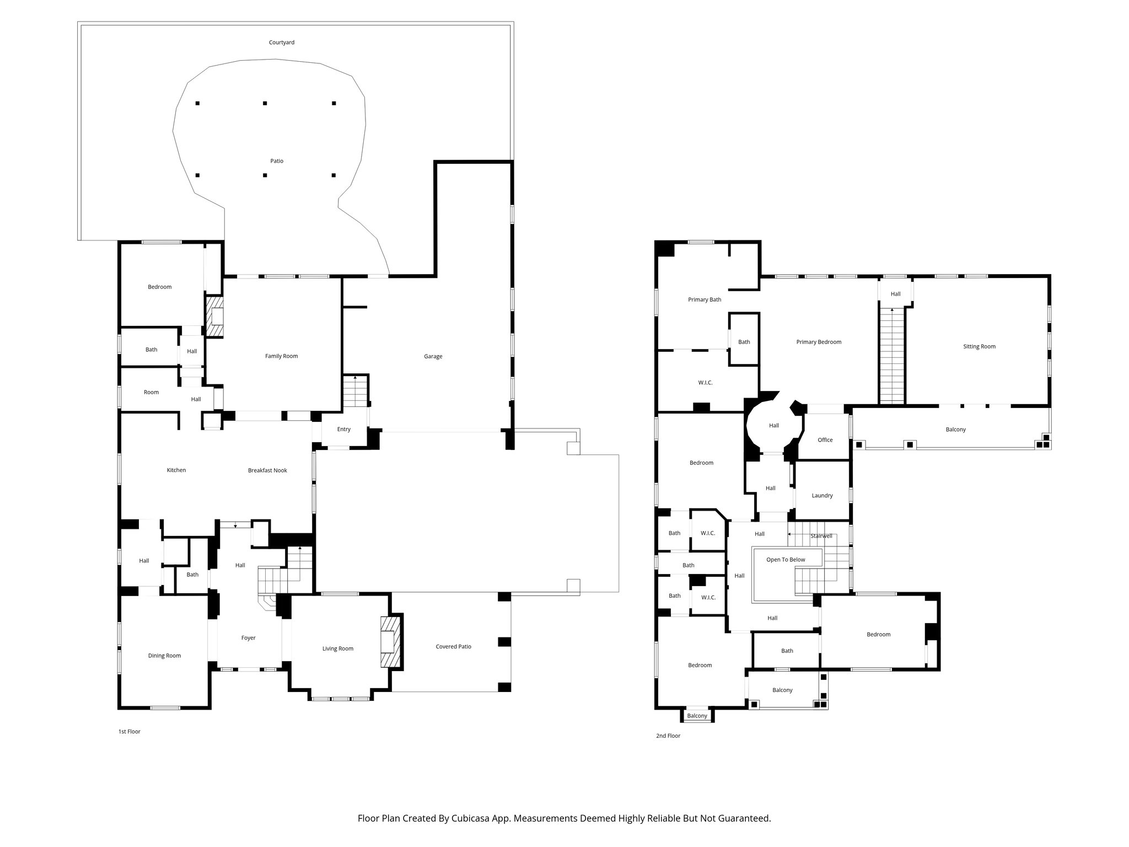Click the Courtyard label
(x=281, y=42)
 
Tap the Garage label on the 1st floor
(x=433, y=356)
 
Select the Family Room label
(x=281, y=356)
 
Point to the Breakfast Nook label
(x=267, y=470)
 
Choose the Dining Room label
(x=164, y=656)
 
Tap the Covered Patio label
(x=453, y=646)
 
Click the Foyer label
(x=248, y=638)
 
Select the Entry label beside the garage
(x=343, y=430)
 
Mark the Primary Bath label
(x=705, y=300)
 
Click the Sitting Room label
(x=979, y=347)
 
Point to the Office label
(x=825, y=440)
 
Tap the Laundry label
(x=822, y=496)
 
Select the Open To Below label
(x=786, y=560)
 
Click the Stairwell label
(x=821, y=536)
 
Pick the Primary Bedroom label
(x=819, y=342)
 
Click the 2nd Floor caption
(x=668, y=736)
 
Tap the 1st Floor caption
(x=130, y=732)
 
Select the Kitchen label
(x=176, y=470)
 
